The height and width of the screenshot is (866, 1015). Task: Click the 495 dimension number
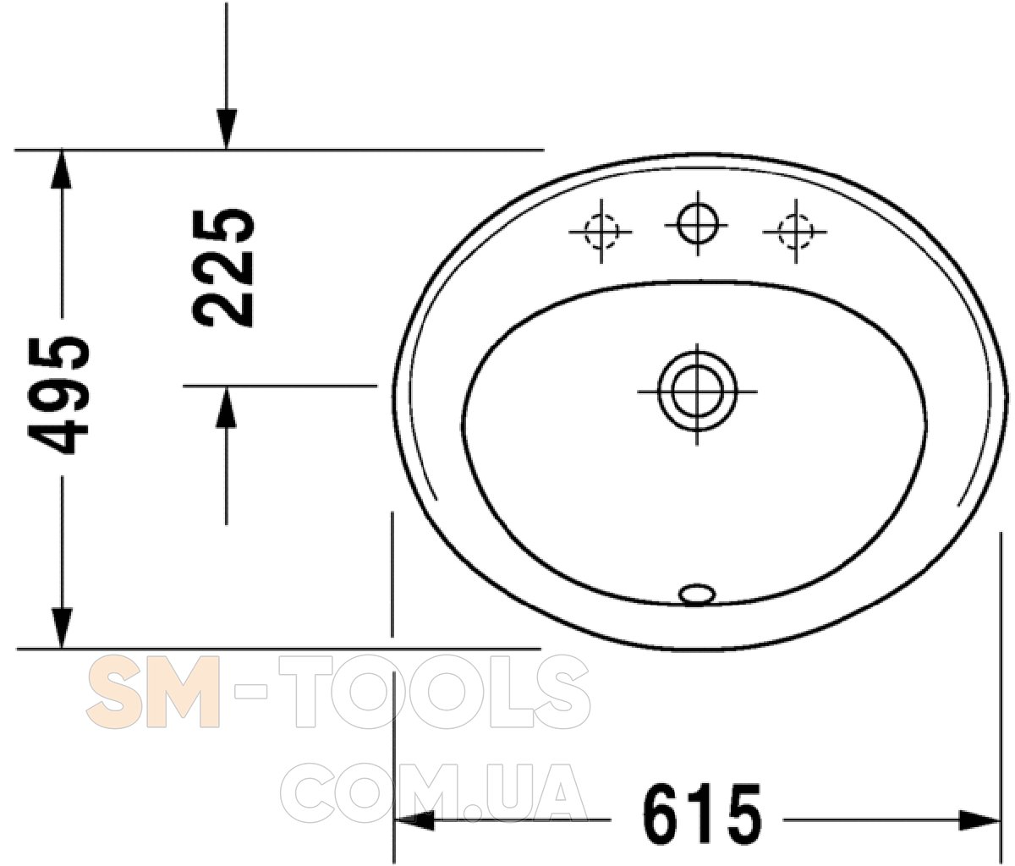(58, 395)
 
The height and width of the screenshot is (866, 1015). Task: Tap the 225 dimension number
(223, 268)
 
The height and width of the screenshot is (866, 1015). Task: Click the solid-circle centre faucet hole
(698, 223)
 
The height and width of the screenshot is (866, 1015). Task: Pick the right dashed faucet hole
(795, 231)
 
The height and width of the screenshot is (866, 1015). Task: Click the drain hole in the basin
(697, 391)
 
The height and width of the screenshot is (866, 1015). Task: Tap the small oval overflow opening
(697, 594)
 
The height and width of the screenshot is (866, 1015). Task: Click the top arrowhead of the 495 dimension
(61, 169)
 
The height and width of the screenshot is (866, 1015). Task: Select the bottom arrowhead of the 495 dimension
(62, 628)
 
